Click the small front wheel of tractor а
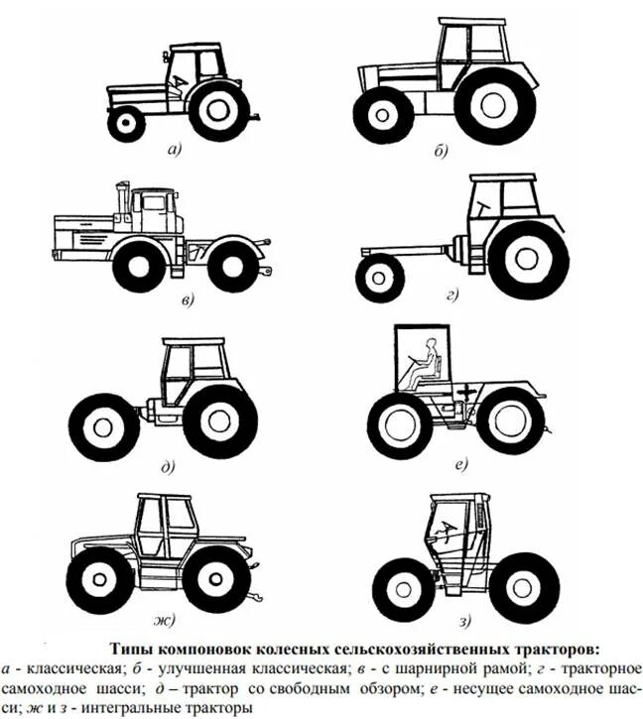coord(126,123)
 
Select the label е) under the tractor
coord(459,463)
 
